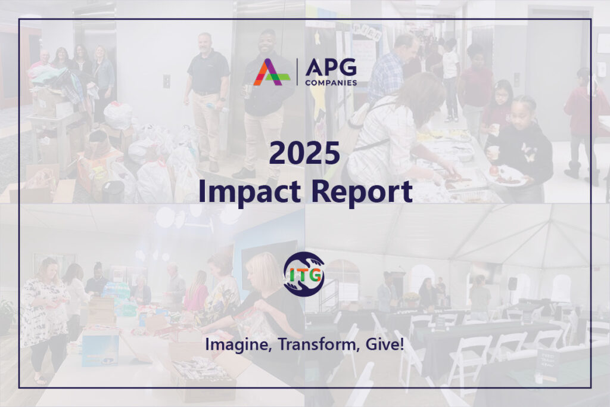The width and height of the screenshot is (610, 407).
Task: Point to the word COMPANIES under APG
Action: pos(331,82)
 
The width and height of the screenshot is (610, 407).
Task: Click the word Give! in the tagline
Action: pos(384,344)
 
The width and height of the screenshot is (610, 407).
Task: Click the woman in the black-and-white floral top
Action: pos(43,310)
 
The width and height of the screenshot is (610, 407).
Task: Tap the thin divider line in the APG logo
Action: pos(296,72)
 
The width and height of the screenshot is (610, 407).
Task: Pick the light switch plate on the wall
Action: pos(166,81)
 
